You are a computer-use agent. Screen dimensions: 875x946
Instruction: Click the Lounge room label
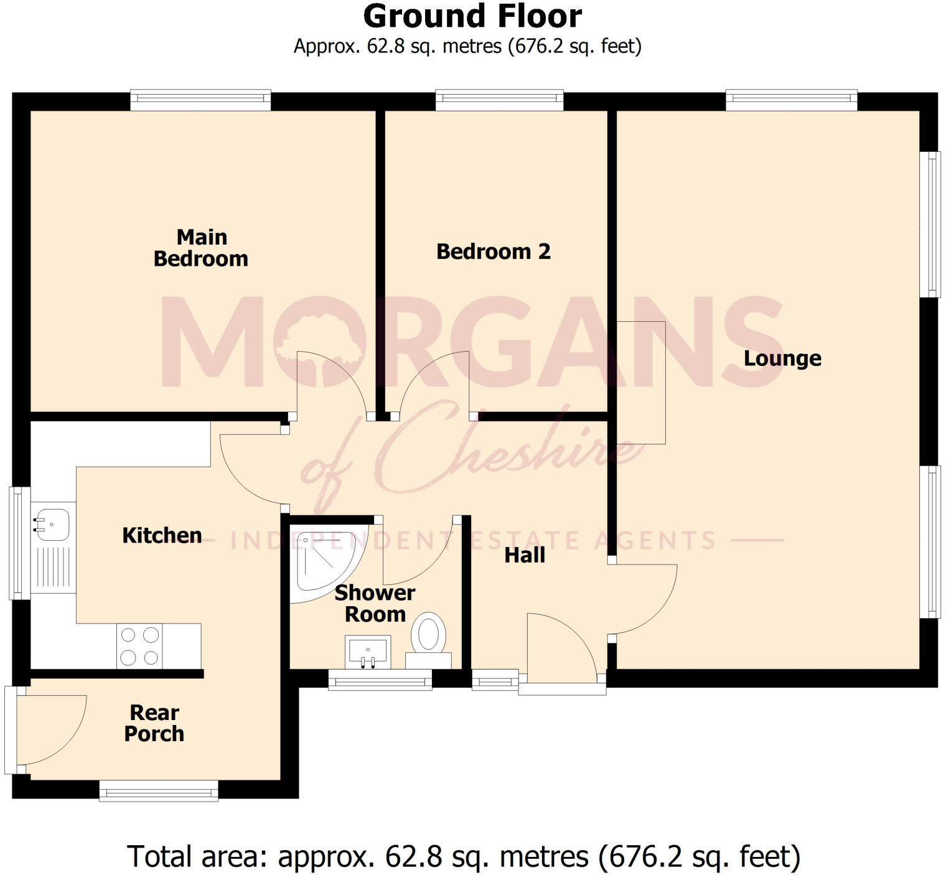tap(782, 358)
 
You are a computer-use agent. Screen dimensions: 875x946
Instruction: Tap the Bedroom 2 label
tap(493, 251)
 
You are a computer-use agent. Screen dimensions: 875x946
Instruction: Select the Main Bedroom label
tap(201, 248)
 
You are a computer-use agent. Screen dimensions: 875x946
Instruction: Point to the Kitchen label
tap(162, 535)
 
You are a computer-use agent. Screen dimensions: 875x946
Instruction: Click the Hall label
tap(525, 554)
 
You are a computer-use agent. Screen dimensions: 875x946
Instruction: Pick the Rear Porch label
tap(154, 723)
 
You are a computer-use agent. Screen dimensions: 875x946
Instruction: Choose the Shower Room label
tap(375, 603)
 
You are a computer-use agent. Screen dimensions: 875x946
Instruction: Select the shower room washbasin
tap(368, 651)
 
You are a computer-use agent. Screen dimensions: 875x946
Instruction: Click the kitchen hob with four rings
tap(139, 646)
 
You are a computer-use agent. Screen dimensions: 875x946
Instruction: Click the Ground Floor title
tap(472, 17)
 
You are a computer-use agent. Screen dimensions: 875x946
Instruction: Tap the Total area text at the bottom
tap(464, 856)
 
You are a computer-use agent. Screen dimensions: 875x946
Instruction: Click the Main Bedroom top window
tap(200, 100)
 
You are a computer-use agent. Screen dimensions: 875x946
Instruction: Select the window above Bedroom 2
tap(499, 100)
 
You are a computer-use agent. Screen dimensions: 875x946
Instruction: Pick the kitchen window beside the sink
tap(19, 543)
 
